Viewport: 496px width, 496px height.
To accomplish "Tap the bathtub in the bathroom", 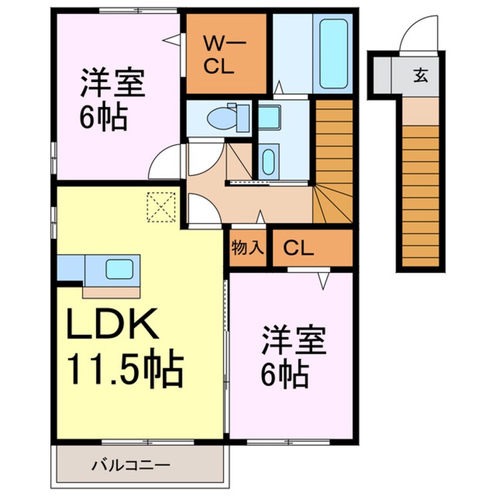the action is coord(333,53).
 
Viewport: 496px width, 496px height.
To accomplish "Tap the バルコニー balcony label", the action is coord(131,466).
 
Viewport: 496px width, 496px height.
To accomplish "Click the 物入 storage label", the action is coord(247,247).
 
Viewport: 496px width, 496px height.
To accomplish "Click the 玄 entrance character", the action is coord(421,75).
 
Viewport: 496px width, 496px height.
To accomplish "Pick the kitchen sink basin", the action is coord(119,269).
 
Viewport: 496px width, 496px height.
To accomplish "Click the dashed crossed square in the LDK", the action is coord(161,207).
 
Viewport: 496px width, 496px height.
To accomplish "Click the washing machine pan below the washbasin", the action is coord(269,161).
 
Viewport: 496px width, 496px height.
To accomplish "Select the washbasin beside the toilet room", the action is coord(269,117).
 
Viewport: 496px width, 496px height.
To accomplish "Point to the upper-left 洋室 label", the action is coord(113,82).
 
